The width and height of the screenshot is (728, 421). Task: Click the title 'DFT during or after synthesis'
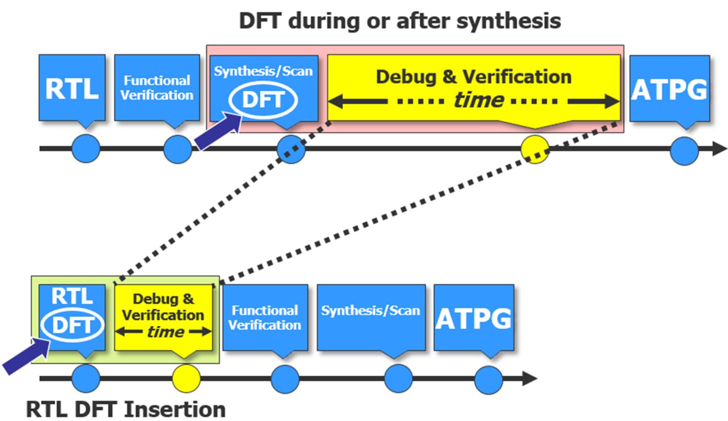tap(400, 21)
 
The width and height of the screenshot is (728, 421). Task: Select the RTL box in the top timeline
tap(72, 88)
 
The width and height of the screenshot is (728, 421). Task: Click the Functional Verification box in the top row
tap(157, 88)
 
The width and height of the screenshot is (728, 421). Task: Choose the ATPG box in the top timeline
tap(669, 89)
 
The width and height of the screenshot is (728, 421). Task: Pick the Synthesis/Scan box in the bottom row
tap(371, 317)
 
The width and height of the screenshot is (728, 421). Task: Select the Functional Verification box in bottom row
tap(265, 317)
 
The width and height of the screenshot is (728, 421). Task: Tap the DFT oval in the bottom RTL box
tap(72, 325)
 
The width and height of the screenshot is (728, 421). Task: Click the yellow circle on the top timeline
tap(535, 149)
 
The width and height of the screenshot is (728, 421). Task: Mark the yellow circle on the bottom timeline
tap(186, 378)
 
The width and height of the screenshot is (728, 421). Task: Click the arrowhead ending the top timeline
tap(719, 149)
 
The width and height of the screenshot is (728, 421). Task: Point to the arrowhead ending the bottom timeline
tap(529, 378)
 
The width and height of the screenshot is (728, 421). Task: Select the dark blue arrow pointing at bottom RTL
tap(26, 356)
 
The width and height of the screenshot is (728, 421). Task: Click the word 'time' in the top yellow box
tap(478, 100)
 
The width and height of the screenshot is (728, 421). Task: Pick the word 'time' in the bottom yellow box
tap(165, 332)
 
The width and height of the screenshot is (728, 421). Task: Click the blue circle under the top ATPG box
tap(684, 151)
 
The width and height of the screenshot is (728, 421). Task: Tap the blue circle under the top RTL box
tap(86, 149)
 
